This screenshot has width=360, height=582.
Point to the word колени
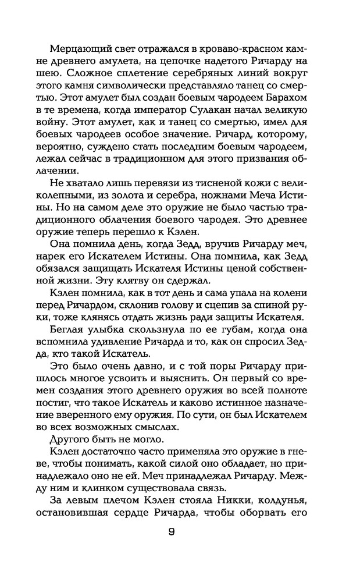[296, 293]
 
